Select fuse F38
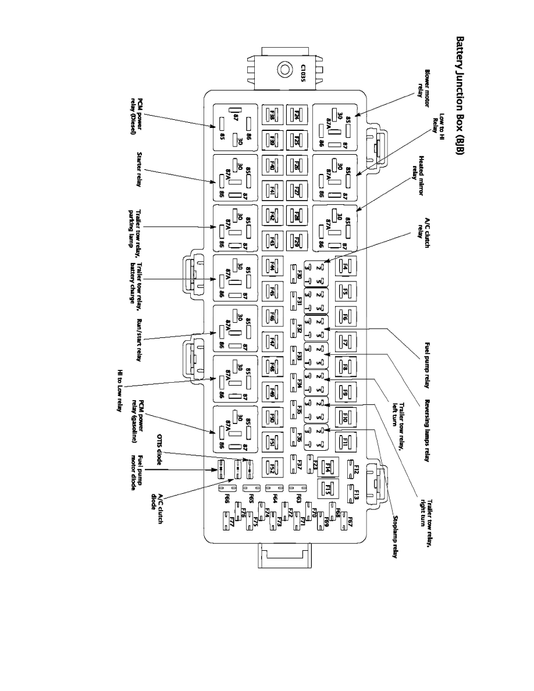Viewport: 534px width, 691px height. (272, 115)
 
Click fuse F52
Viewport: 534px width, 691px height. (272, 466)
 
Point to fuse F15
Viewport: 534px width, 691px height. (327, 489)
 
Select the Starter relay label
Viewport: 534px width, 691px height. (139, 170)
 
